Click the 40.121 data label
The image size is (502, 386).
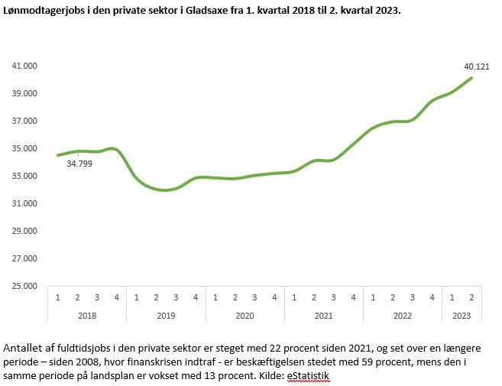pos(479,66)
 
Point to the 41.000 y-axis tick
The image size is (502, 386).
pos(25,66)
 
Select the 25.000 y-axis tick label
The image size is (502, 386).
pos(25,287)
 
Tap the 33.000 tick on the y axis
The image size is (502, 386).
pos(25,177)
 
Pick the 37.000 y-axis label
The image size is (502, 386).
pos(25,122)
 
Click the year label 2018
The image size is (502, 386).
pos(86,315)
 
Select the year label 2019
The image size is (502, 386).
pos(166,315)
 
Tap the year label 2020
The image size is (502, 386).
pos(245,315)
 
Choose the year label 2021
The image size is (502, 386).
pos(324,315)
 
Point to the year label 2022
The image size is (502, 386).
pos(403,315)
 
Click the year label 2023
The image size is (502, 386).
pos(462,315)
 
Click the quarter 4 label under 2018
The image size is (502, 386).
pos(116,297)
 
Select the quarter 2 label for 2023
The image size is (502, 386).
pos(472,297)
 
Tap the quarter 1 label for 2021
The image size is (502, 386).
pos(294,297)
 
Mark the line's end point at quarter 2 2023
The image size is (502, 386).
pos(471,78)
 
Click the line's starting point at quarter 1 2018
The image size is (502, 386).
pos(58,155)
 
